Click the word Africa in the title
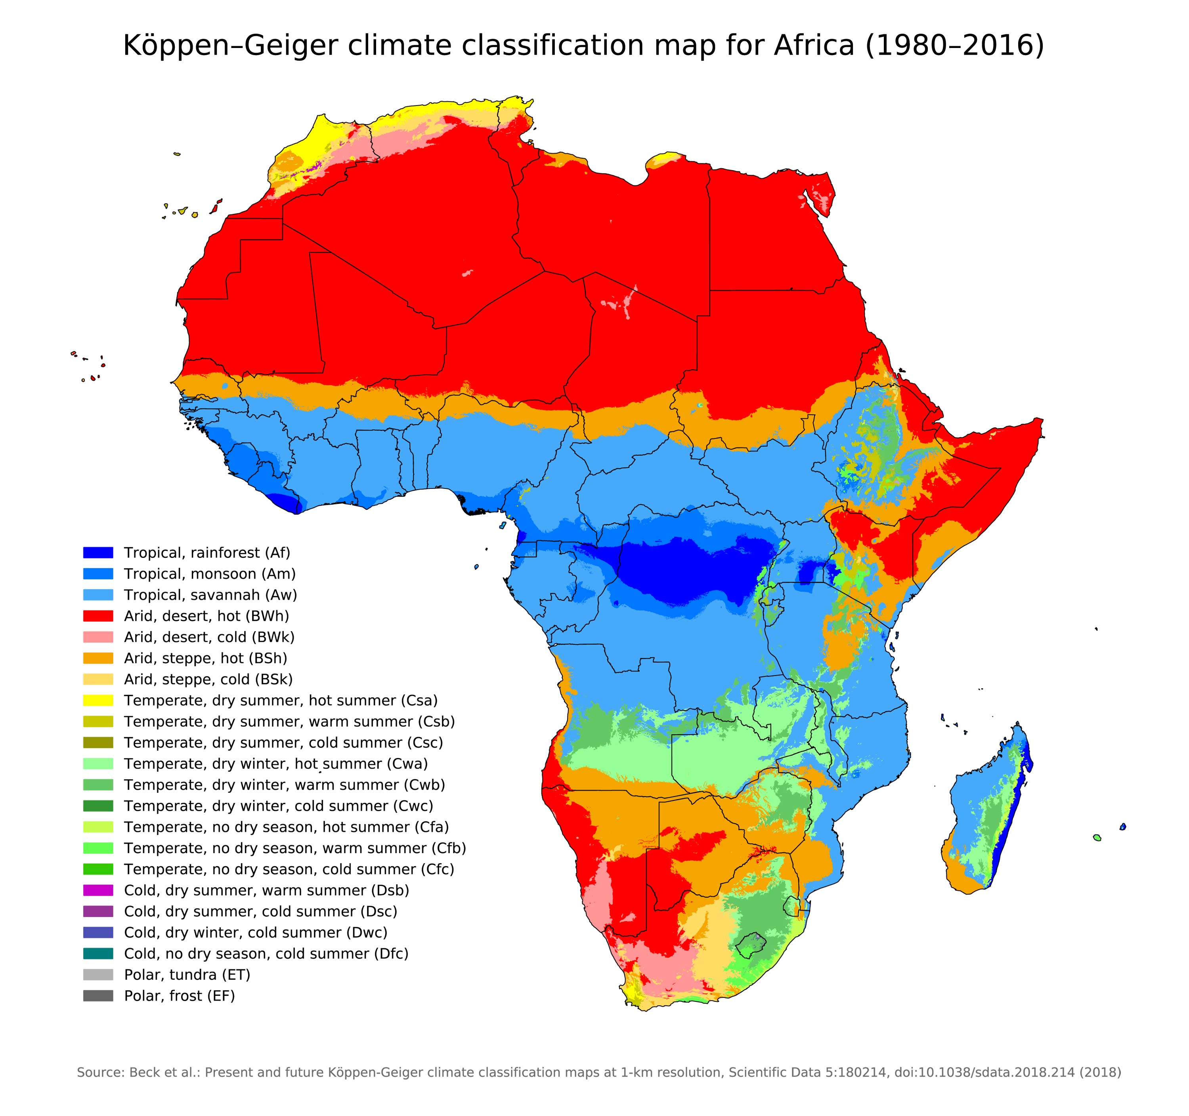(813, 46)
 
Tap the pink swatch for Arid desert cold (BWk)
(98, 637)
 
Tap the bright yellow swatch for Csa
(98, 700)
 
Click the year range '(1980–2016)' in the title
(954, 46)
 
